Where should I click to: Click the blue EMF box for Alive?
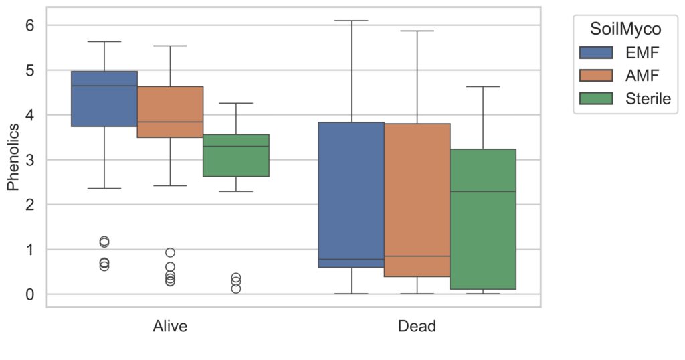point(104,99)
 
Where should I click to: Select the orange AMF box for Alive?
point(171,112)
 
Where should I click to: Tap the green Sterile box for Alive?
point(236,155)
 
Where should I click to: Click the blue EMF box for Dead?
point(351,195)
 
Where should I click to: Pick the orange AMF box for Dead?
point(417,200)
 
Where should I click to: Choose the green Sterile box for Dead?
point(483,219)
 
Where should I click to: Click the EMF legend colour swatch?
point(596,52)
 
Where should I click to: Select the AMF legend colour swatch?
point(596,76)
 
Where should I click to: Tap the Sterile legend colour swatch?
point(596,99)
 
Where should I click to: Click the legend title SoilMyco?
point(625,29)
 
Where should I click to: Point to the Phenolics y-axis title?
point(13,157)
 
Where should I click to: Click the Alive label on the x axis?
point(170,327)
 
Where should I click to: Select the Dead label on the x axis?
point(417,327)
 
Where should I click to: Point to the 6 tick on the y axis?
point(29,25)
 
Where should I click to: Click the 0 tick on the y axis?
point(29,294)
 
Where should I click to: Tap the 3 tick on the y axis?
point(29,160)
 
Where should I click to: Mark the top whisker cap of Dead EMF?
point(351,21)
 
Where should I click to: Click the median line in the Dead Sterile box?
point(483,191)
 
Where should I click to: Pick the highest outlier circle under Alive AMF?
point(171,252)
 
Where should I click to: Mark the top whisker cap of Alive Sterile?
point(236,103)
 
